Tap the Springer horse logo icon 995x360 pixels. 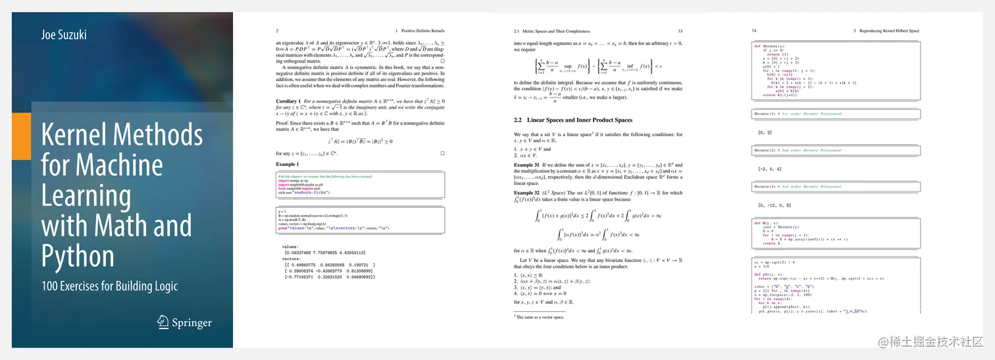(163, 322)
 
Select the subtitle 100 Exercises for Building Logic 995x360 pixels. (109, 286)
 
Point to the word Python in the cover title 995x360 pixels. (78, 255)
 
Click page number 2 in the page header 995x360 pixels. (277, 31)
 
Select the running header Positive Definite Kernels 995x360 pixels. (419, 31)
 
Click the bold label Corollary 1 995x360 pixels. (288, 101)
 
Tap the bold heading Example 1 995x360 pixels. (287, 164)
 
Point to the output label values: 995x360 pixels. (290, 246)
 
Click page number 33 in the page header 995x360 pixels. (680, 31)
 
